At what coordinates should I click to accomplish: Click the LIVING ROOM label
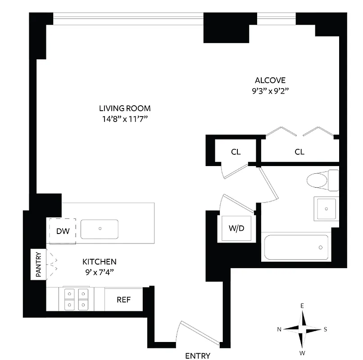(x=125, y=108)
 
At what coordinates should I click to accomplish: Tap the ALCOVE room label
(x=270, y=81)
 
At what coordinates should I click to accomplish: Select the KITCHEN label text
(x=100, y=261)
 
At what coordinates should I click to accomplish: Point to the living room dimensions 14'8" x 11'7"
(x=125, y=119)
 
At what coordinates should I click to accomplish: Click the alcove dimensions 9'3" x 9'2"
(x=270, y=91)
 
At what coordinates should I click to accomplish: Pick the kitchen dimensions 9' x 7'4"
(x=100, y=272)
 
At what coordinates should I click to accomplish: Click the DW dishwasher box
(x=62, y=231)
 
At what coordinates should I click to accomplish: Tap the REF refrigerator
(x=124, y=299)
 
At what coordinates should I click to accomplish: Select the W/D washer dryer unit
(x=236, y=229)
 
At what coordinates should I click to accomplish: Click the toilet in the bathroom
(x=322, y=180)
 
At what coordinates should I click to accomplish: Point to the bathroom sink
(x=326, y=208)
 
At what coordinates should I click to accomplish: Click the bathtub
(x=296, y=247)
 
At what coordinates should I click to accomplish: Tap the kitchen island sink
(x=100, y=229)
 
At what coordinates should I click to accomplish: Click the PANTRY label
(x=38, y=264)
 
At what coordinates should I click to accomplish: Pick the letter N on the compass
(x=280, y=329)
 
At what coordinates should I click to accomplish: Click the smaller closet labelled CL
(x=236, y=152)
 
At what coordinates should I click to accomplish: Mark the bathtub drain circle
(x=321, y=247)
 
